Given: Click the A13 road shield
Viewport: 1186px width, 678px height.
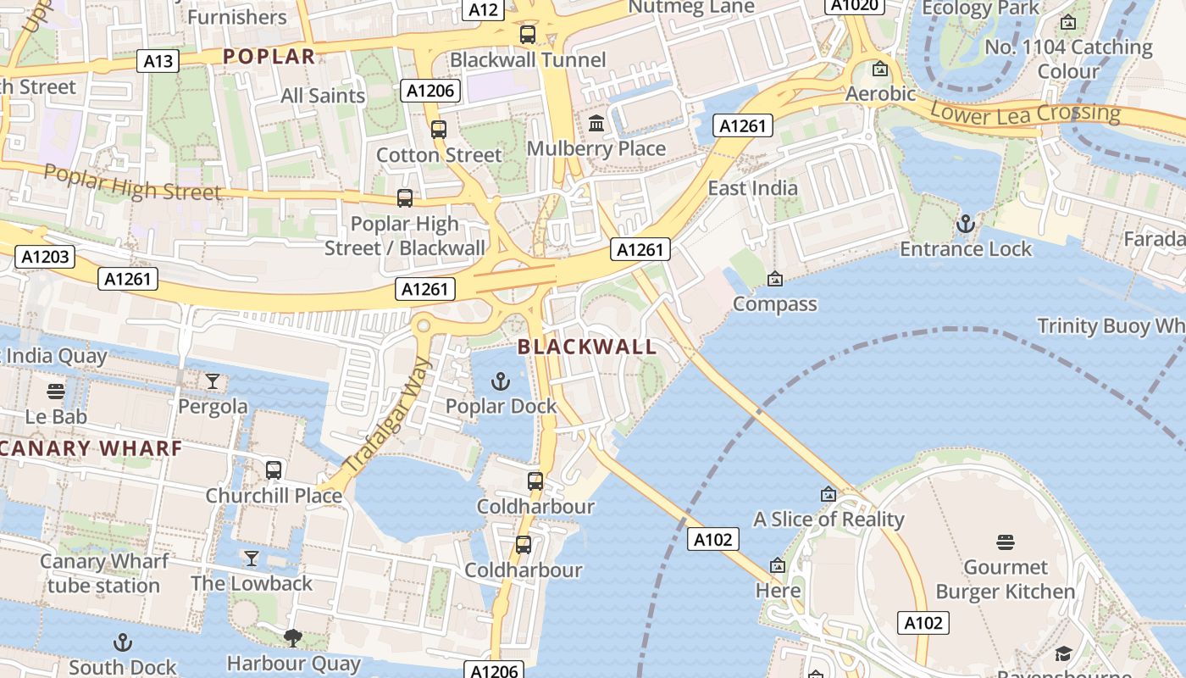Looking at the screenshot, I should tap(158, 61).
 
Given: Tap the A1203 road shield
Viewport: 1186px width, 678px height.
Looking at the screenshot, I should tap(45, 257).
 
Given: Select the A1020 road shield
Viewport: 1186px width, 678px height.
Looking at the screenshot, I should tap(855, 5).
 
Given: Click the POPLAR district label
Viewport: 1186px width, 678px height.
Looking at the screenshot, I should tap(269, 57).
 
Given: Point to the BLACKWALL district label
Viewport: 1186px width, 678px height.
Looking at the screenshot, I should tap(587, 347).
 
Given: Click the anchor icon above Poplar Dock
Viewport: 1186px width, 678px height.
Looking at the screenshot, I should tap(501, 381).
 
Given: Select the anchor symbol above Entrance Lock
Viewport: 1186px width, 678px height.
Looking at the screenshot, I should tap(965, 225).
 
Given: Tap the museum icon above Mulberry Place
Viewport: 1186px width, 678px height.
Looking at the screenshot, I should tap(596, 124).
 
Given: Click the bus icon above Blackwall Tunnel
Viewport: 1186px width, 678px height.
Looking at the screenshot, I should tap(528, 35).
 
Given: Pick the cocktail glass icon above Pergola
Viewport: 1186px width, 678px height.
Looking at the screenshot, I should tap(213, 381).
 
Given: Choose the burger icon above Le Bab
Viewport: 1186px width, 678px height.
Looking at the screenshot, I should tap(56, 392).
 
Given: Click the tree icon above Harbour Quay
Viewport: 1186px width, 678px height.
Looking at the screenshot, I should tap(293, 637).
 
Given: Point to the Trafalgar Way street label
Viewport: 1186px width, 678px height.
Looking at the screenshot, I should tap(389, 416).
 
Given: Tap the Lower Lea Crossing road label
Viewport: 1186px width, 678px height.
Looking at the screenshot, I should tap(1025, 112).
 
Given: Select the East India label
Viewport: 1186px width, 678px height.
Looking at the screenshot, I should tap(752, 188).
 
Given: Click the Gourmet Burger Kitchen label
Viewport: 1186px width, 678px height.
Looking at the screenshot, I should tap(1006, 579).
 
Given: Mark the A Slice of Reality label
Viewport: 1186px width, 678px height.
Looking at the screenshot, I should tap(829, 520).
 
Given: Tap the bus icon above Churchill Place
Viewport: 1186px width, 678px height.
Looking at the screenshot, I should tap(274, 470).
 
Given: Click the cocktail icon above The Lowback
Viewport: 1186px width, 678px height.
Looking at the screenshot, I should tap(252, 559).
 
